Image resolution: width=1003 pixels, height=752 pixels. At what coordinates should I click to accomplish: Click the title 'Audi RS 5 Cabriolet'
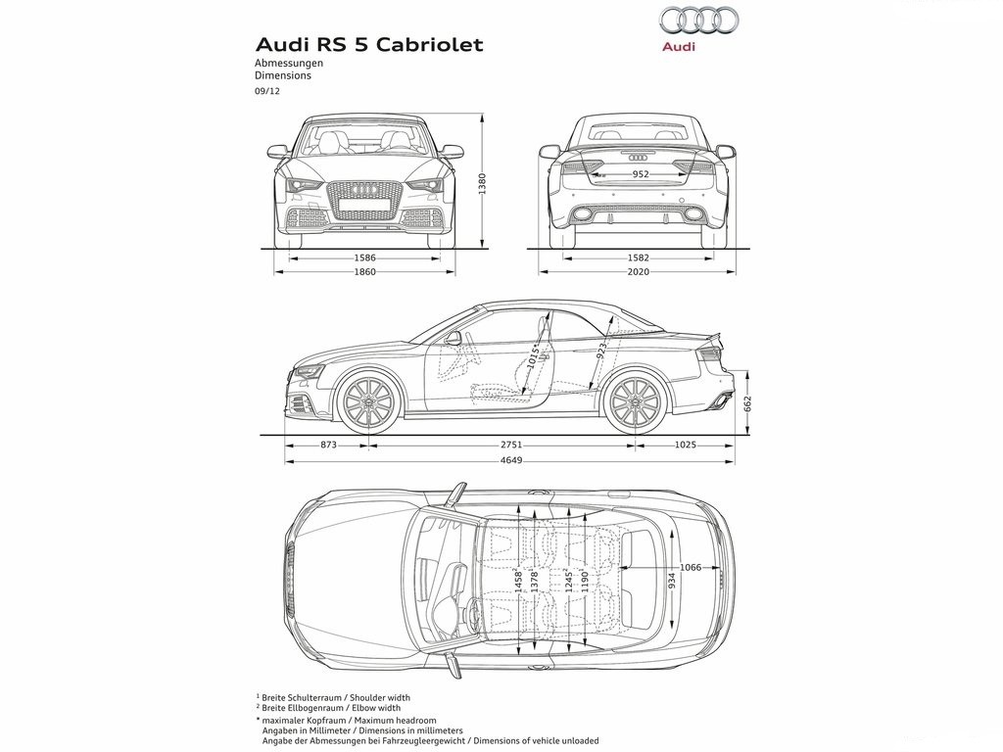[369, 45]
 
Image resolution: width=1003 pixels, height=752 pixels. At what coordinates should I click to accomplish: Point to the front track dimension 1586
[364, 258]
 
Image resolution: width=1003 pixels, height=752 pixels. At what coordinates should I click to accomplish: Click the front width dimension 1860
[364, 272]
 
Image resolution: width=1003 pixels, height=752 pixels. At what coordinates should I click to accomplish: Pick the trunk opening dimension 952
[641, 174]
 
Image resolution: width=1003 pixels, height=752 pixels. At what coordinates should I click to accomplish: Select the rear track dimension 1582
[639, 258]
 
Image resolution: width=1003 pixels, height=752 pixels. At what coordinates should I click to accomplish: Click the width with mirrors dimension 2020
[639, 272]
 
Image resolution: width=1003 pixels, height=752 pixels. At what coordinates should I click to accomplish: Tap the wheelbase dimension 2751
[511, 446]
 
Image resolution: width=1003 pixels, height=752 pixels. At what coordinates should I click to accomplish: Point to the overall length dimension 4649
[511, 460]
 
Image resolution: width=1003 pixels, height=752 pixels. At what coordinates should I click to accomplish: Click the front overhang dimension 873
[328, 446]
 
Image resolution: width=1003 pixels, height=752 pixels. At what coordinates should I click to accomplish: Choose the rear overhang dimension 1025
[685, 446]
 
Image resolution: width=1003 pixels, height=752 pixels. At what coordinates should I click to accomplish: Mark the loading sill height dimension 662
[747, 403]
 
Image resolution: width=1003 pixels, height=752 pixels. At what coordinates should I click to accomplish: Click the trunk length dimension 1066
[691, 567]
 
